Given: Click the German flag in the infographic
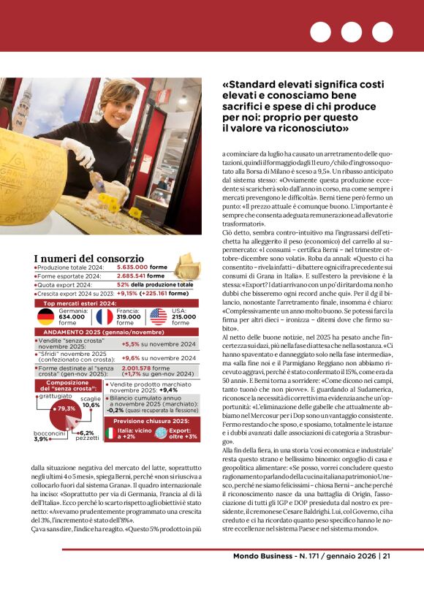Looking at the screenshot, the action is pos(46,317).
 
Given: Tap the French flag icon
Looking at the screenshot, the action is pos(104,317).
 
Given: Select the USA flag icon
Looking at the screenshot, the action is pos(158,317).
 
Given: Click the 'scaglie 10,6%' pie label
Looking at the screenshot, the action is pos(91,401).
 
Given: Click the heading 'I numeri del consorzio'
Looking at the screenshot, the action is pos(88,258).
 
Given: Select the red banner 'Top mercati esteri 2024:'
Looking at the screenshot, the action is pos(80,303).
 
